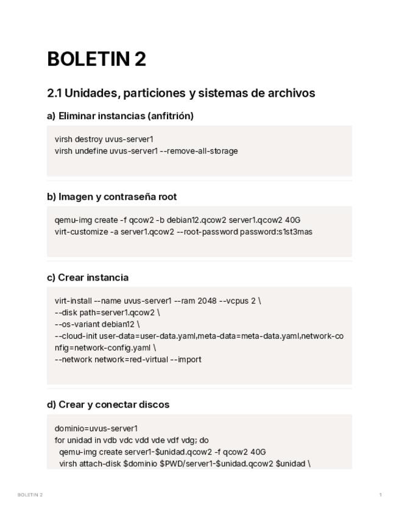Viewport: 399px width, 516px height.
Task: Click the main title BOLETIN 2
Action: pos(96,59)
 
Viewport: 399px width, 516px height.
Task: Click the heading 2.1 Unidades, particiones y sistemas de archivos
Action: pos(181,93)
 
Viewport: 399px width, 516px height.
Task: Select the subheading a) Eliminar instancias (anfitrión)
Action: pos(120,116)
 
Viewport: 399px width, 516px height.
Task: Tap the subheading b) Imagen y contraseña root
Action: pos(111,197)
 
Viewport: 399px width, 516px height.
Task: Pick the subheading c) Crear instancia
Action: pos(88,277)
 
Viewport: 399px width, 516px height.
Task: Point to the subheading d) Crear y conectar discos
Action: pos(108,405)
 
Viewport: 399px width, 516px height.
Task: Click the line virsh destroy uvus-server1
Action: pos(104,139)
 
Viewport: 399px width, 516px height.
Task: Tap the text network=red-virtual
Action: pos(132,359)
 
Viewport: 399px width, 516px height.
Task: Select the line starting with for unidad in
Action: pos(132,440)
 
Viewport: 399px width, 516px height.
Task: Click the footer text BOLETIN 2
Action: pos(30,495)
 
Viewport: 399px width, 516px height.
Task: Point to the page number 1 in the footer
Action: pos(381,495)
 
